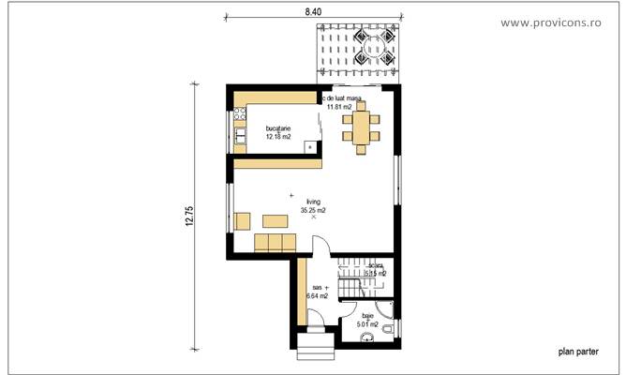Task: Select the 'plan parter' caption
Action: pyautogui.click(x=579, y=353)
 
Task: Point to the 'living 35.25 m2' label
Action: pyautogui.click(x=313, y=206)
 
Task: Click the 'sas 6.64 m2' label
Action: pyautogui.click(x=317, y=292)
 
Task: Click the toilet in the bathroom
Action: pyautogui.click(x=384, y=314)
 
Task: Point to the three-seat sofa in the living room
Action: pyautogui.click(x=275, y=243)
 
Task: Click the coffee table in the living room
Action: pyautogui.click(x=275, y=222)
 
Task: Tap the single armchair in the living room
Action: pyautogui.click(x=242, y=222)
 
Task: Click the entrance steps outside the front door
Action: pyautogui.click(x=316, y=352)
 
